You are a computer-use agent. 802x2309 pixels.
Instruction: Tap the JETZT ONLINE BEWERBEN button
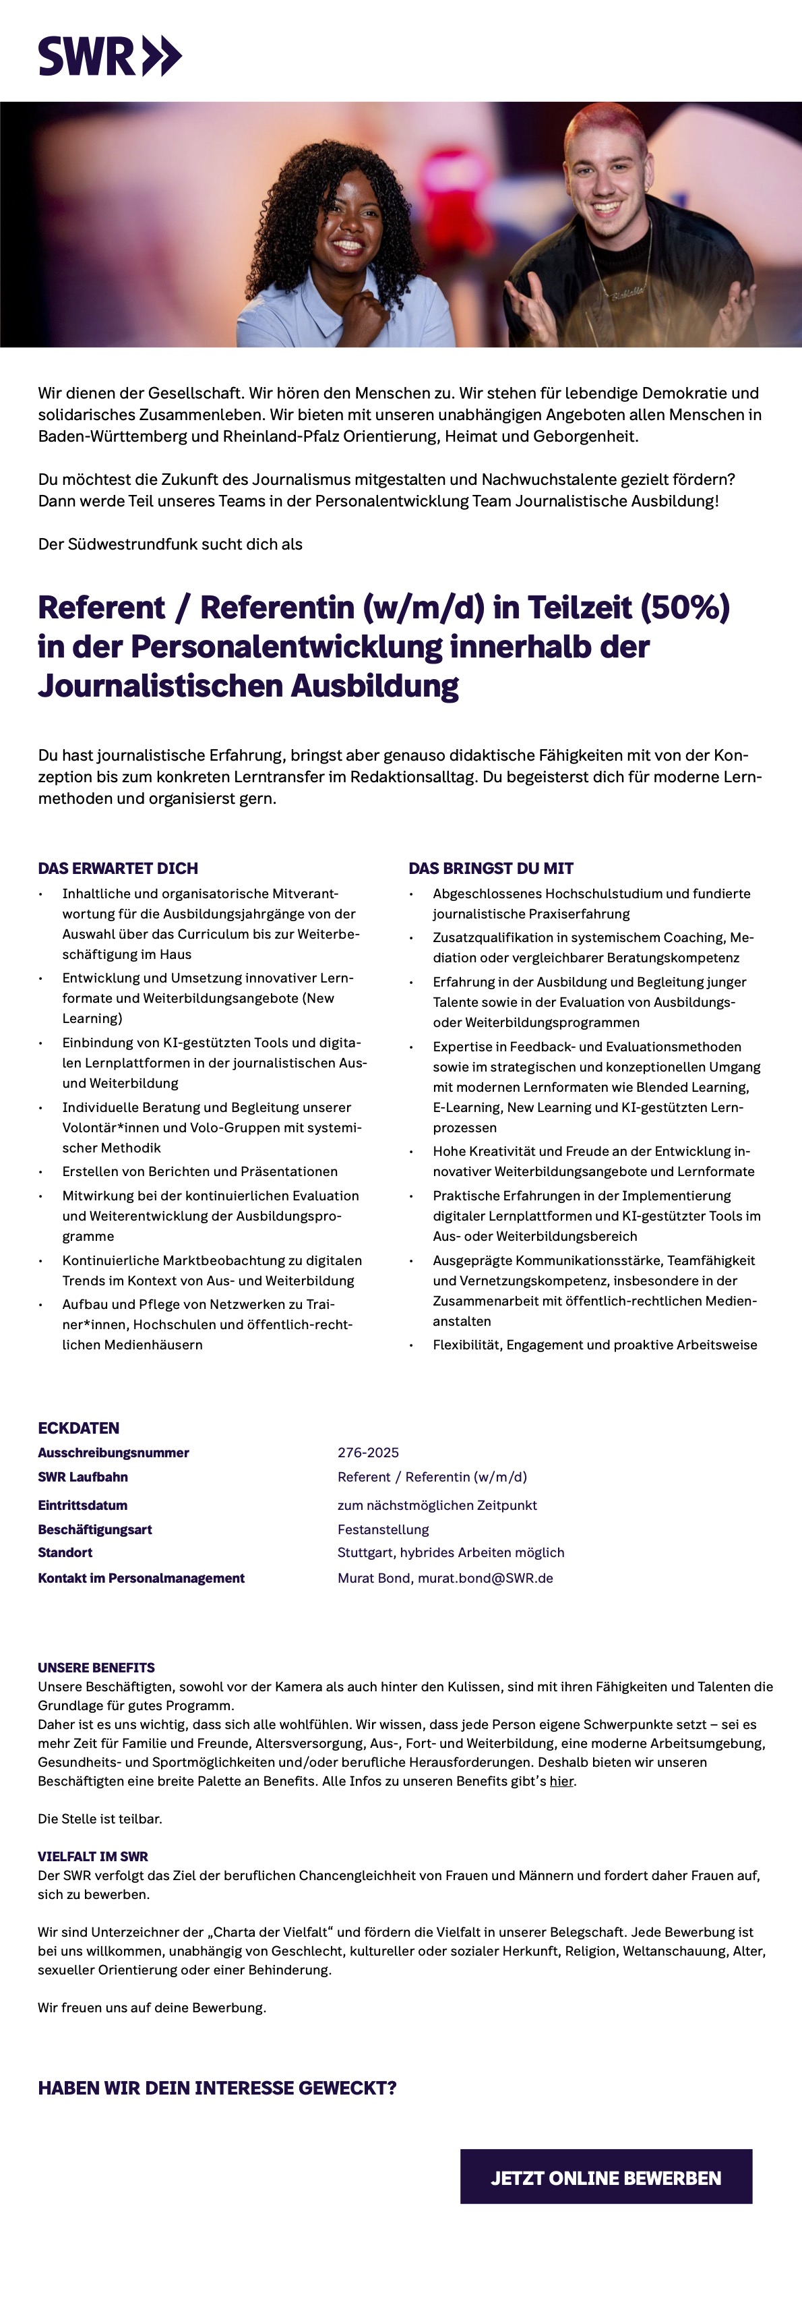[x=606, y=2178]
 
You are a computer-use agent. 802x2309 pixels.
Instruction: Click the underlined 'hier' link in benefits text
[x=561, y=1781]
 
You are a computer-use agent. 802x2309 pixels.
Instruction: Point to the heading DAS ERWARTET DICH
[x=117, y=868]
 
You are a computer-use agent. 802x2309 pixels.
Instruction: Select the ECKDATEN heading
[x=78, y=1428]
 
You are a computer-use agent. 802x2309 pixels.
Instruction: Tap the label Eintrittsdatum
[x=82, y=1505]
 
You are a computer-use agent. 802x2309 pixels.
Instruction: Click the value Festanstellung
[x=383, y=1529]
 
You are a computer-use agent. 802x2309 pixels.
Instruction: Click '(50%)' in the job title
[x=683, y=608]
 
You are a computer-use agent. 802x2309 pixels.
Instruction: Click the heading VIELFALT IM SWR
[x=92, y=1857]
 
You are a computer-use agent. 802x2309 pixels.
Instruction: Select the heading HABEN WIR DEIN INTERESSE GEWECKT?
[x=217, y=2088]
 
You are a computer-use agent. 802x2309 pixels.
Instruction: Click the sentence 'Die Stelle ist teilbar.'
[x=100, y=1819]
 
